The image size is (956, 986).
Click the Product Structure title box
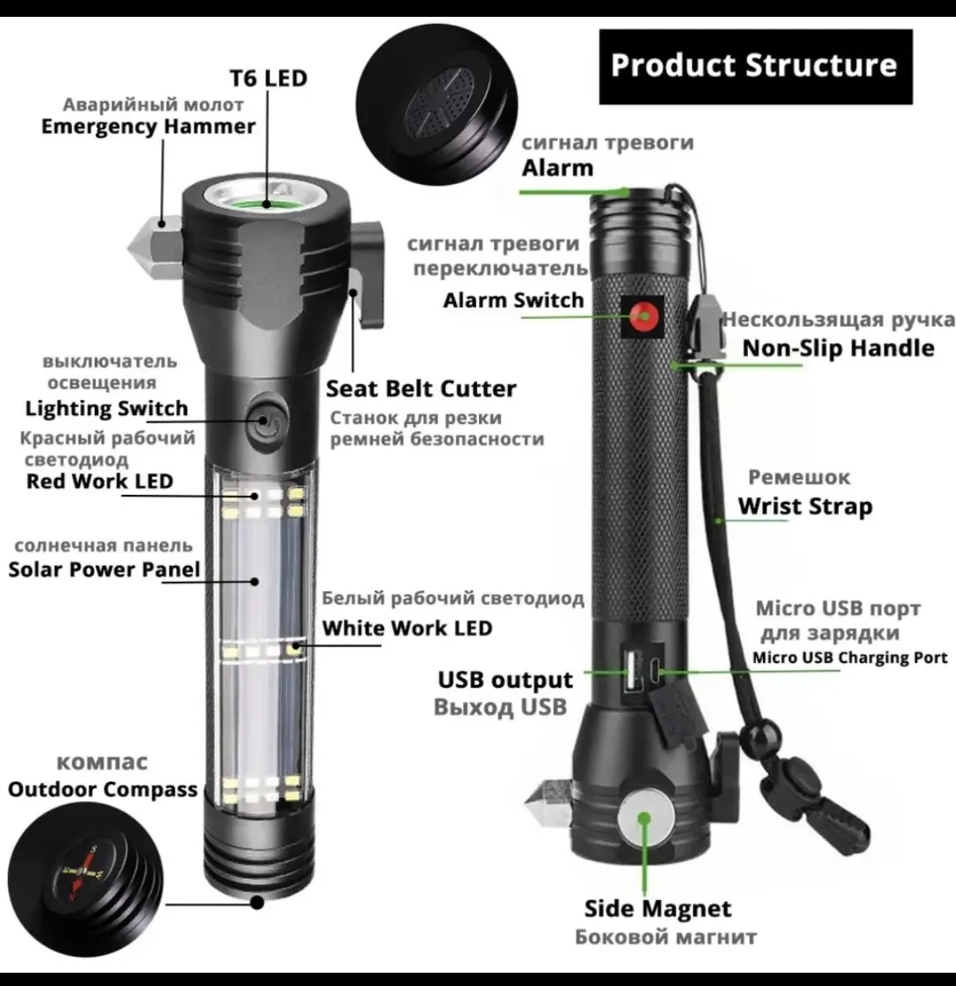755,66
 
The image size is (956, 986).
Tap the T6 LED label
268,78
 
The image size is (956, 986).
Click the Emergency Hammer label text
149,126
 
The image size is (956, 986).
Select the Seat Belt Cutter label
420,388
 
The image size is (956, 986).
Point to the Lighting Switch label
106,407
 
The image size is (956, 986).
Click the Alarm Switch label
513,300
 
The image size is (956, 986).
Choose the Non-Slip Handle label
838,348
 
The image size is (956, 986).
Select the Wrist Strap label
805,506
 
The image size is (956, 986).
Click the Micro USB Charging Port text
850,657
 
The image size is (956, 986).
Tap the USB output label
505,680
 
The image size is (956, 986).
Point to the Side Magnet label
658,908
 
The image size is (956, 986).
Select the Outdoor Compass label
103,789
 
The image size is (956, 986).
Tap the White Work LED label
407,628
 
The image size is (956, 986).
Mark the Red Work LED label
99,481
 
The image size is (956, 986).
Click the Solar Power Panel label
104,569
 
